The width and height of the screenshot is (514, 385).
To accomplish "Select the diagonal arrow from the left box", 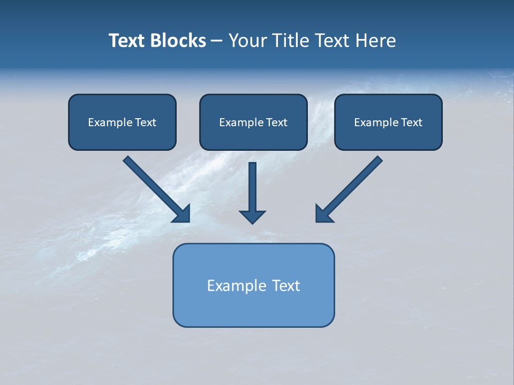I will point(155,188).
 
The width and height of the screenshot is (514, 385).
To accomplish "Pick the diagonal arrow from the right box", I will point(350,188).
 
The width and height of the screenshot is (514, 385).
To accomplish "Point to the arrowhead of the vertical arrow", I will point(253,217).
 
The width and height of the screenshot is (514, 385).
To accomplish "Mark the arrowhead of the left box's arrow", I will point(182,213).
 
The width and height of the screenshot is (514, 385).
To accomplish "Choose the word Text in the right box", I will point(412,122).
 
